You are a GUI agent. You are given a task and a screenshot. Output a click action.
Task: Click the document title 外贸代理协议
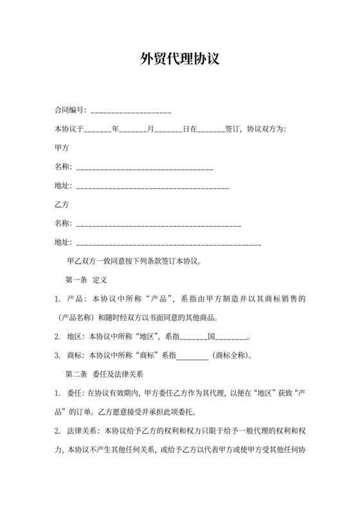pos(180,60)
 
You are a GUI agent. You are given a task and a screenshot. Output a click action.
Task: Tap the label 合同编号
pos(69,111)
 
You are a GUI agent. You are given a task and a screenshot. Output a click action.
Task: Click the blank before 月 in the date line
pos(133,129)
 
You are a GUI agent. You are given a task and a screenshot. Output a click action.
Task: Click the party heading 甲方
pos(62,147)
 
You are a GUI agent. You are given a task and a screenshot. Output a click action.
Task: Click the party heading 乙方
pos(62,204)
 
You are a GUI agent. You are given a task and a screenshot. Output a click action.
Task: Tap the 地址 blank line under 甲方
pos(152,186)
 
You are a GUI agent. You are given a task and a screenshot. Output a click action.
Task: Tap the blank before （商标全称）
pos(192,355)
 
